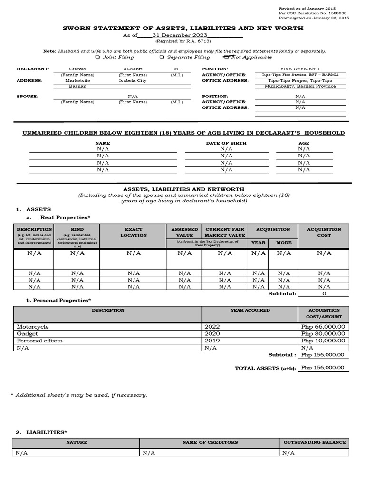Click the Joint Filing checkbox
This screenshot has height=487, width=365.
click(97, 57)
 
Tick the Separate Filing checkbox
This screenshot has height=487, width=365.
click(162, 57)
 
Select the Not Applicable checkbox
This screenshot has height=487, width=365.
click(226, 57)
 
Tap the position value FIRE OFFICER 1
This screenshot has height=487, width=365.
click(300, 69)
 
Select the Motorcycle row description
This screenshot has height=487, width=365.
click(33, 327)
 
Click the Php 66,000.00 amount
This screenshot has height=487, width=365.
click(323, 327)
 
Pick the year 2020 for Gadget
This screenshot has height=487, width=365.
click(212, 334)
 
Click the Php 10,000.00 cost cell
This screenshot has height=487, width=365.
click(323, 341)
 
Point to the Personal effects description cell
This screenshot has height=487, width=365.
click(39, 341)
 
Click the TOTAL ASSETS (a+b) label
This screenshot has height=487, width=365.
click(265, 368)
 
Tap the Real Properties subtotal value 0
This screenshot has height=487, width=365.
click(324, 293)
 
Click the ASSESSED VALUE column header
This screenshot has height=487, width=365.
click(184, 232)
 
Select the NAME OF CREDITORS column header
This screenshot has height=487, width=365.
click(210, 442)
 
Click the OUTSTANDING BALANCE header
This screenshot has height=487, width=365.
click(315, 442)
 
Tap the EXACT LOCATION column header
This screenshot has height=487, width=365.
click(134, 232)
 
